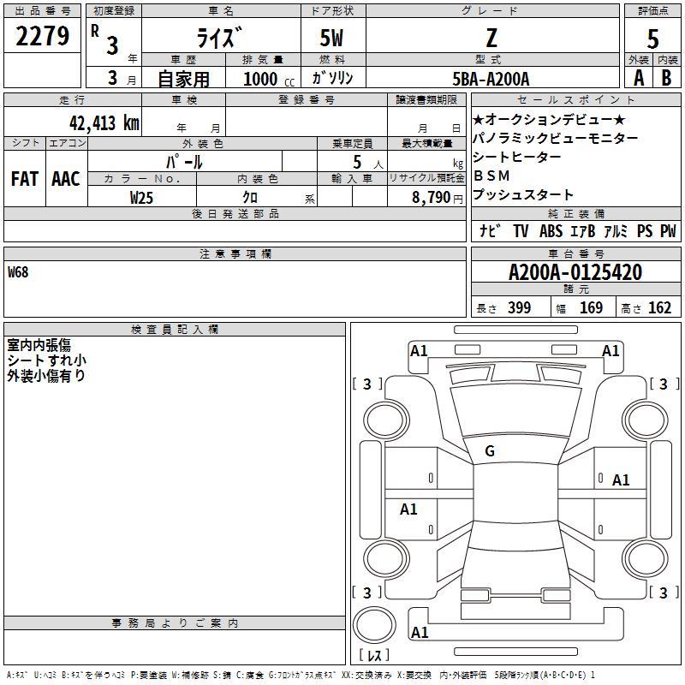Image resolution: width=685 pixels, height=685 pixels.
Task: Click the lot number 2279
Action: (42, 36)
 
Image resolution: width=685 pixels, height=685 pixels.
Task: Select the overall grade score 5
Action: (652, 39)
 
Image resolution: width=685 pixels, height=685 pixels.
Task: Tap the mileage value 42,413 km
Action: (104, 122)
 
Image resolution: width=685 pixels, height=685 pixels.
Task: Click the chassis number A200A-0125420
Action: (575, 272)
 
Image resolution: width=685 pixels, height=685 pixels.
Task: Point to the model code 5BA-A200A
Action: (491, 79)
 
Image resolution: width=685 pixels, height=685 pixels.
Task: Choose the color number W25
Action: (141, 198)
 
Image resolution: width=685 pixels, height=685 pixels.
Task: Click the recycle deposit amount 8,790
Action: (432, 198)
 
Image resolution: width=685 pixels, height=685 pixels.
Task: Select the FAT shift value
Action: (25, 179)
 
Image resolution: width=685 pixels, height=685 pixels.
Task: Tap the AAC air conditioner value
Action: (66, 179)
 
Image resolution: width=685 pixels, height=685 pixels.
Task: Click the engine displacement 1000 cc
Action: (269, 79)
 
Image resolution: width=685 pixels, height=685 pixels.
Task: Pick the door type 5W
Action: (331, 38)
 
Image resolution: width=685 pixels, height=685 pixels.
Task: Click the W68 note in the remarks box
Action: (18, 272)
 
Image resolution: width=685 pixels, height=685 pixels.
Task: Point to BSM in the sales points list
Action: (491, 176)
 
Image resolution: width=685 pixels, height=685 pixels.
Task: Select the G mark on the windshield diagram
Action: (490, 451)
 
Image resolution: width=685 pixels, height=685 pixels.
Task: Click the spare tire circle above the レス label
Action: (374, 625)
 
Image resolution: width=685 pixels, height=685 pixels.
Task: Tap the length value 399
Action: (519, 307)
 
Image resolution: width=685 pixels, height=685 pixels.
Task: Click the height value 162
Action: (659, 307)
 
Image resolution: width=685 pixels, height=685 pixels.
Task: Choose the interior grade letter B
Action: (666, 78)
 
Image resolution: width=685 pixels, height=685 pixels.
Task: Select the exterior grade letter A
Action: (639, 78)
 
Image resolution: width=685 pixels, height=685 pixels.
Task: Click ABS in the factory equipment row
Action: (551, 231)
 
